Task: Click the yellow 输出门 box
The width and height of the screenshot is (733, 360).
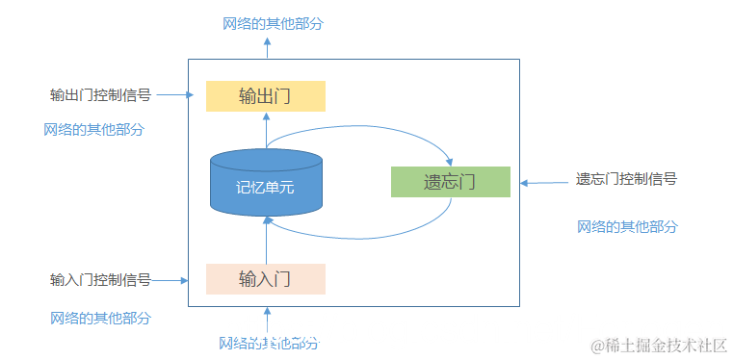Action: point(265,96)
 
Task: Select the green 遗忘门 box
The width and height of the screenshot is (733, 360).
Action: point(450,182)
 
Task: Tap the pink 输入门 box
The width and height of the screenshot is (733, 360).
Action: point(265,279)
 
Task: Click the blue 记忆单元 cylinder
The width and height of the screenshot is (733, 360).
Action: point(266,183)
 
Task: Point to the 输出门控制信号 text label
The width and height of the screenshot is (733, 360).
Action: point(100,95)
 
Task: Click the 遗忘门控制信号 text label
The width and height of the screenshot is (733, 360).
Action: point(626,179)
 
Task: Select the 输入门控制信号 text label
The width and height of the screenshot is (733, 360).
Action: point(100,280)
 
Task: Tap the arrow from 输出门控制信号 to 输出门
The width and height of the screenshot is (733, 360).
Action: point(177,95)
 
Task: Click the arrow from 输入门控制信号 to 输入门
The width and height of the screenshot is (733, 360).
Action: point(177,280)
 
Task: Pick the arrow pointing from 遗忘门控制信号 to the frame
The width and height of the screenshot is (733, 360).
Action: point(542,180)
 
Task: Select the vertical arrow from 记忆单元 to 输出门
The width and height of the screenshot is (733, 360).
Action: point(266,131)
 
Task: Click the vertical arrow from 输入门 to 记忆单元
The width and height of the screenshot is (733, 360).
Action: point(266,240)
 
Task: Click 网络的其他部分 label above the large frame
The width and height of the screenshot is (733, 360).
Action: point(273,24)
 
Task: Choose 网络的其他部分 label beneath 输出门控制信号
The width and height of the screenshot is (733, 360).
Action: point(93,129)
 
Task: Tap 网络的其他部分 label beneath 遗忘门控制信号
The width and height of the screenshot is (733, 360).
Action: point(627,226)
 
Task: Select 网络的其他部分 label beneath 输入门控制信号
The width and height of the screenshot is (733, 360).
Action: point(100,318)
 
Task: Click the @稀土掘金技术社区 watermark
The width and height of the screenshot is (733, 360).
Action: point(659,345)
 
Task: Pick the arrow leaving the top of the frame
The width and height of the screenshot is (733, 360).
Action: point(267,49)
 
